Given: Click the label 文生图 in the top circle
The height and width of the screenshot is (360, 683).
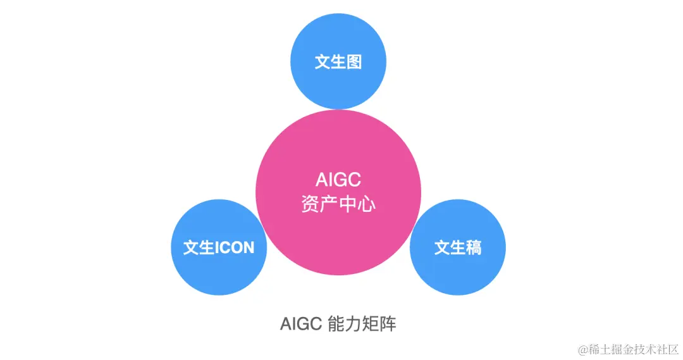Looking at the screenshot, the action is tap(338, 62).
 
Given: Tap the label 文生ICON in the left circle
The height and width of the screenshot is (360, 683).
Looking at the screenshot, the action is tap(219, 247).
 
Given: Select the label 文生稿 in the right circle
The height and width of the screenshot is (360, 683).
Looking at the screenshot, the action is tap(458, 247).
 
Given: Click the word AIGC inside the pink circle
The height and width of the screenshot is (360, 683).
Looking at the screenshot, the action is tap(338, 180).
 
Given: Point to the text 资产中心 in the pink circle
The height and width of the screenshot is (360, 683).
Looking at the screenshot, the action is tap(338, 205).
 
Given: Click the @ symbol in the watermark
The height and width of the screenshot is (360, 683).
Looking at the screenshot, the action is tap(582, 349).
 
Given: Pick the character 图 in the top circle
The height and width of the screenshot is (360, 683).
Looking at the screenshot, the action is tap(354, 62).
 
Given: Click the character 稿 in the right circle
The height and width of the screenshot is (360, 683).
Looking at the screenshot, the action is tap(474, 247).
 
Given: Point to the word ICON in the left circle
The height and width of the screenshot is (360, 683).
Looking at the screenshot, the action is tap(235, 247).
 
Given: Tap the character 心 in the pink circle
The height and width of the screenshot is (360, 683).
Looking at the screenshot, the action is tap(367, 205).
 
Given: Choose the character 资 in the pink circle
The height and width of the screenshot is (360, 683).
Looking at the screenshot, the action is tap(310, 205).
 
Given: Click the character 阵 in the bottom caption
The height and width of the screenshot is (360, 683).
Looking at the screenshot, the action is tap(388, 324).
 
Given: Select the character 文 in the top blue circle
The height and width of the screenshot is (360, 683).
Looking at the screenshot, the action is tap(323, 62).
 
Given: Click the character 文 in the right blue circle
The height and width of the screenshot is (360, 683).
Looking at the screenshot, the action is tap(442, 247).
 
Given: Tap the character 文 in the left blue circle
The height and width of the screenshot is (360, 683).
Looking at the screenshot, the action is tap(191, 247).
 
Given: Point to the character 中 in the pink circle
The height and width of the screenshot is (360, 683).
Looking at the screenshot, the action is tap(348, 205).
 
